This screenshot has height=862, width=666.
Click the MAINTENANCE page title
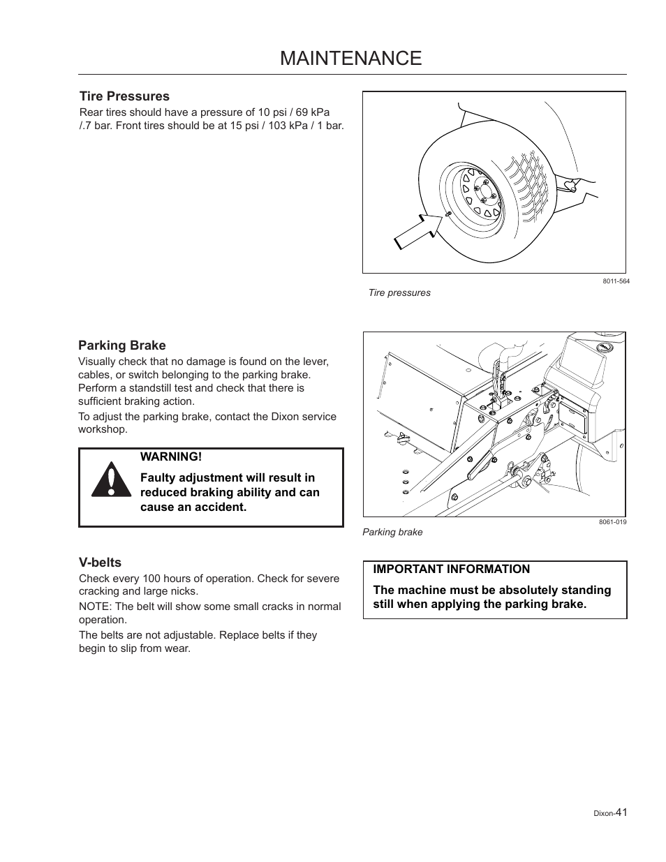click(350, 59)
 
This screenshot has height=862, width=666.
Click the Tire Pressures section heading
click(124, 96)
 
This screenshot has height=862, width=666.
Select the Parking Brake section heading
click(122, 345)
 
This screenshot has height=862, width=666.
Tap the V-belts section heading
click(100, 563)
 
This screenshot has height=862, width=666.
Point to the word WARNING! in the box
click(171, 456)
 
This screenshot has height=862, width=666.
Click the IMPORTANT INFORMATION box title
click(451, 569)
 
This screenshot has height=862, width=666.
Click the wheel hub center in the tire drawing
click(478, 189)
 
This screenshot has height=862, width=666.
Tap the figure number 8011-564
click(616, 282)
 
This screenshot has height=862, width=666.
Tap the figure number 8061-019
click(612, 522)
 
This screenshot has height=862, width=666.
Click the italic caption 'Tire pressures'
click(399, 293)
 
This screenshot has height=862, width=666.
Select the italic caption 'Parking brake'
click(392, 532)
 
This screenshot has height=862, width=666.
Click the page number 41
click(621, 812)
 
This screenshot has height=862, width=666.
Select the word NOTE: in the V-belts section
click(94, 607)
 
